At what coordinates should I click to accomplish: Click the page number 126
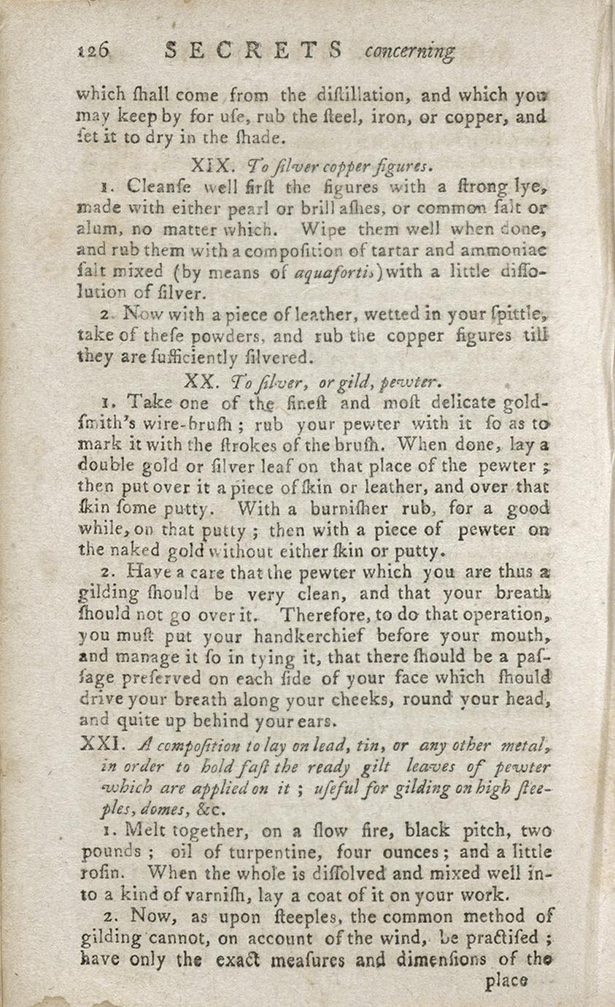92,50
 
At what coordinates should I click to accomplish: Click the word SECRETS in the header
253,50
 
